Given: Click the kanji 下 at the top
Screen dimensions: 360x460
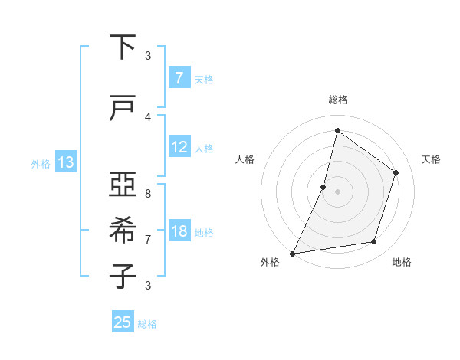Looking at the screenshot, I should click(x=123, y=48).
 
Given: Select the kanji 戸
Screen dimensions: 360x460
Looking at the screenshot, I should click(x=123, y=109).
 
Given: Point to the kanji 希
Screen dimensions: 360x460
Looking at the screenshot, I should click(x=123, y=229).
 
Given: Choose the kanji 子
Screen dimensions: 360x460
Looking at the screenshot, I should click(x=123, y=275).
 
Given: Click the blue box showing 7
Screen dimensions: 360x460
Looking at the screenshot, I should click(x=179, y=77).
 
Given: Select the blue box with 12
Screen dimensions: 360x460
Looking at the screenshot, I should click(x=179, y=147).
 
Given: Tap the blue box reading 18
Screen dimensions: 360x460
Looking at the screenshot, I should click(x=179, y=231).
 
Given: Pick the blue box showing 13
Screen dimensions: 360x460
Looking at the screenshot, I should click(x=65, y=162).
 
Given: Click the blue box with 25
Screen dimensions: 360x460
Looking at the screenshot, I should click(x=123, y=322).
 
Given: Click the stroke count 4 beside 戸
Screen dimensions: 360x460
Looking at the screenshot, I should click(x=148, y=116).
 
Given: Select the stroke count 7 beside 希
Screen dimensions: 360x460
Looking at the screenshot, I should click(x=148, y=239).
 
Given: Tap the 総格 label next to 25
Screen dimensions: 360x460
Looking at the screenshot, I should click(x=147, y=324).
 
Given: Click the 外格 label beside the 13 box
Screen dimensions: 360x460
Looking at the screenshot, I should click(x=41, y=163).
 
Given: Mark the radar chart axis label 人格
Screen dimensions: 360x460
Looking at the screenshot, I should click(x=245, y=159).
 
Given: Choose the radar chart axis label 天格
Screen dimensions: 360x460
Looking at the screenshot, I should click(x=431, y=159).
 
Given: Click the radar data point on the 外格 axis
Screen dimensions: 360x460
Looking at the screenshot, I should click(x=292, y=253).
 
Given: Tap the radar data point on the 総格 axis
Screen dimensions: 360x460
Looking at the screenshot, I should click(x=337, y=130).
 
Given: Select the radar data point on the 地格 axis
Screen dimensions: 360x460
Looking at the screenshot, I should click(x=374, y=242).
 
